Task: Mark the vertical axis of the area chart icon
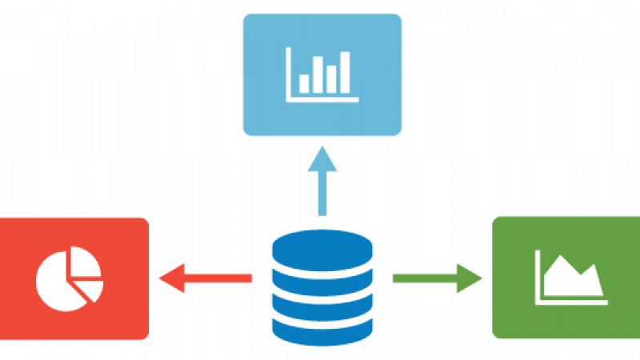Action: [538, 277]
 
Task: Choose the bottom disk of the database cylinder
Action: [322, 328]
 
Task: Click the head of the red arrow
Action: [170, 278]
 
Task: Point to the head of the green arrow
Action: [472, 278]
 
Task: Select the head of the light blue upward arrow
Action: [322, 157]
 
